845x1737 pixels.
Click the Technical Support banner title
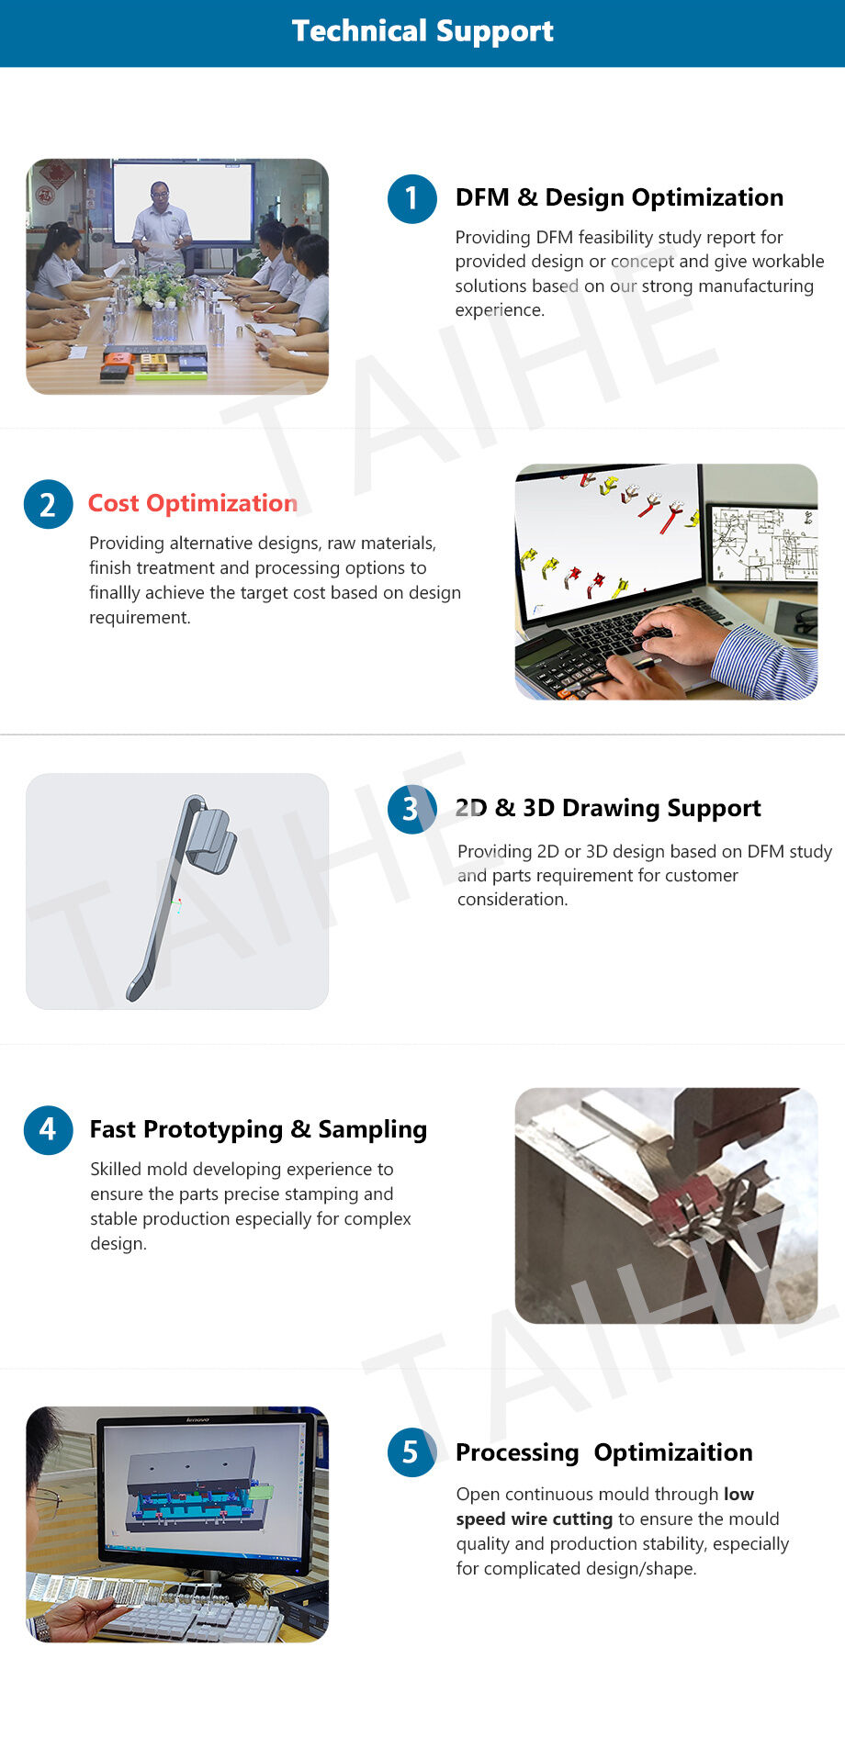(x=422, y=31)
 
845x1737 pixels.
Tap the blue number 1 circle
(x=411, y=198)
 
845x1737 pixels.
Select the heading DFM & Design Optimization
(x=619, y=197)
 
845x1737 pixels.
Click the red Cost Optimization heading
(x=193, y=503)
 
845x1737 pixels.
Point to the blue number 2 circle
(x=49, y=504)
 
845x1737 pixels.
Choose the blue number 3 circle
(x=411, y=809)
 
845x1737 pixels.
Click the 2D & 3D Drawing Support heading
(x=608, y=808)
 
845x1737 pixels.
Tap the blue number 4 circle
(x=49, y=1129)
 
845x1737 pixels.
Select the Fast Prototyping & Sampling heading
(x=258, y=1129)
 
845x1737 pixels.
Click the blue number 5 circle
(x=411, y=1451)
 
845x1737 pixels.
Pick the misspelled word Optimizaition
(x=673, y=1452)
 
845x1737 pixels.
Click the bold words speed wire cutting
(x=535, y=1519)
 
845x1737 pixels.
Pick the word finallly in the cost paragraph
(x=115, y=593)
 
